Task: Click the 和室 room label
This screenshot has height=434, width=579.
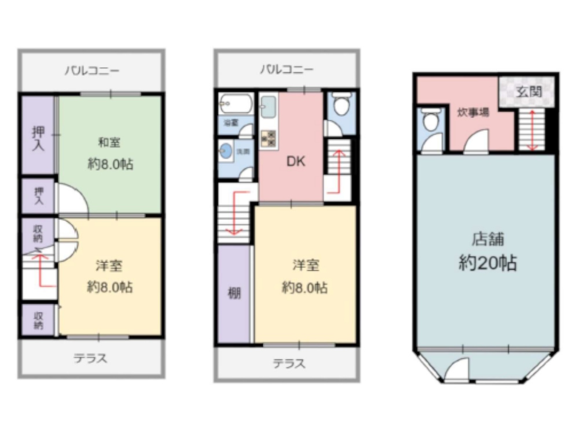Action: click(110, 142)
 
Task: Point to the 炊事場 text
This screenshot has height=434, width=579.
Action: click(473, 112)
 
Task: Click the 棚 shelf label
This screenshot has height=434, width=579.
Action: click(234, 293)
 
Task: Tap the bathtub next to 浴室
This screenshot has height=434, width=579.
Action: click(236, 105)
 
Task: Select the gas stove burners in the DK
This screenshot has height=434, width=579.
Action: click(269, 138)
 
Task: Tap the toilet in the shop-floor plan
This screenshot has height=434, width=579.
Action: click(429, 121)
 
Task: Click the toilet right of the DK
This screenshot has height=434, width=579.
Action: click(341, 106)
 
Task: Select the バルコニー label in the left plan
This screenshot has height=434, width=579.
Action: click(91, 71)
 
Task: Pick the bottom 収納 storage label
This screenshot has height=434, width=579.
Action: click(38, 320)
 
